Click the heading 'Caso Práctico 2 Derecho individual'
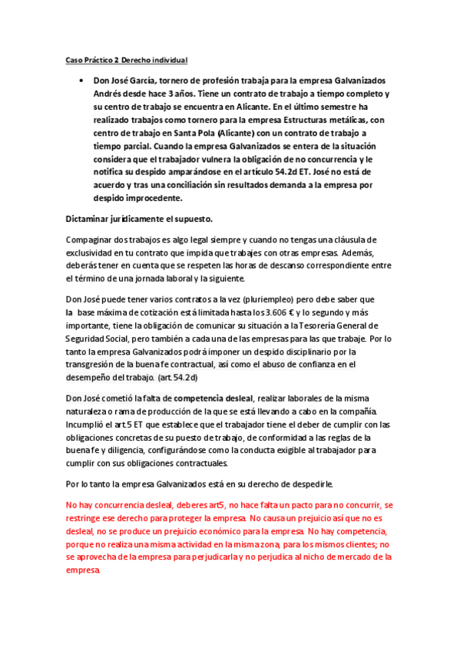(x=127, y=60)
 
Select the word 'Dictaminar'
(x=92, y=219)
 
